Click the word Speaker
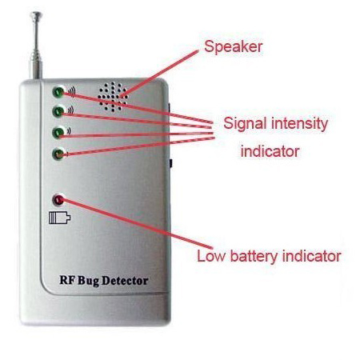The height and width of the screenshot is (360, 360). coord(234,47)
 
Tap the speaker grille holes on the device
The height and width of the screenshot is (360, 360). coord(113,97)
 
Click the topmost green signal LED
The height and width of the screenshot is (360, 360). coord(58,92)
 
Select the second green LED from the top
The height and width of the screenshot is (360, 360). coord(58,111)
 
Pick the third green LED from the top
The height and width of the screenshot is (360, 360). coord(58,132)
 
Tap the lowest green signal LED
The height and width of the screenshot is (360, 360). coord(58,154)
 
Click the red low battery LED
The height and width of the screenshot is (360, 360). coord(58,200)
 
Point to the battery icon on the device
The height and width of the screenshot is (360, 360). coord(59,218)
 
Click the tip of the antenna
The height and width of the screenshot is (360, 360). coord(36,14)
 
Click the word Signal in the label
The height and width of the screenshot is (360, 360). coord(245,124)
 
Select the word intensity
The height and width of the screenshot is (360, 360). coord(299,124)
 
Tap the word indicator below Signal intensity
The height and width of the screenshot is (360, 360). coord(270,151)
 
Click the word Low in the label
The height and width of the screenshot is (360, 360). coord(211,256)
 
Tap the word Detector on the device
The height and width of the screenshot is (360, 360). coord(125,281)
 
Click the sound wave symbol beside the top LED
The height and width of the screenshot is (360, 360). coord(71,91)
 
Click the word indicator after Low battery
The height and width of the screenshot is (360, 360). coord(312,256)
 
